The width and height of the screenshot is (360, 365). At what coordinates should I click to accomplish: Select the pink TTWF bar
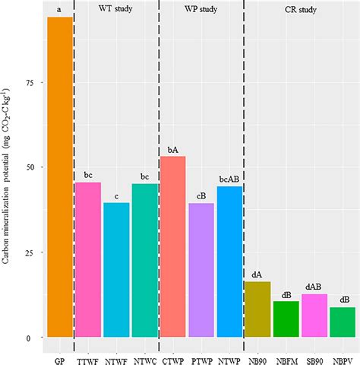[88, 259]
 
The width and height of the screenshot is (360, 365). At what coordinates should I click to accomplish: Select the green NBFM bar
[286, 319]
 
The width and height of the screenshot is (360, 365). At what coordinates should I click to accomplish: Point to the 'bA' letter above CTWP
[173, 150]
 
